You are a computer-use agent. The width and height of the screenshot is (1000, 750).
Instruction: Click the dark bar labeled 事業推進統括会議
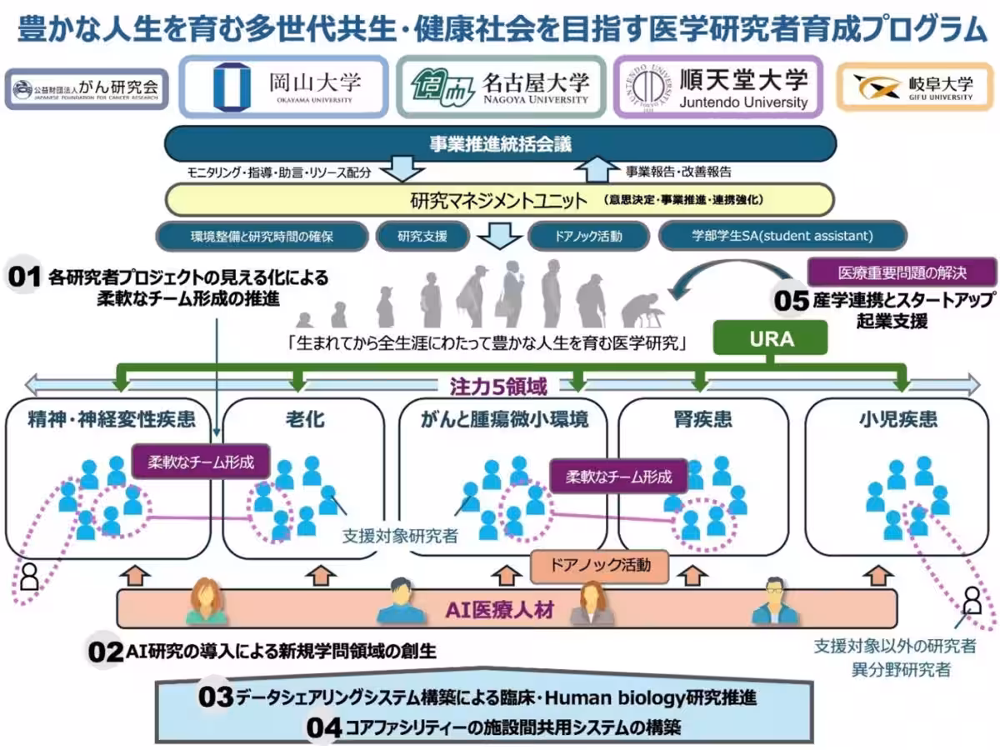[501, 143]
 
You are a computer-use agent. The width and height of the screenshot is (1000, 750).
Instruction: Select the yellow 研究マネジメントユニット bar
[501, 201]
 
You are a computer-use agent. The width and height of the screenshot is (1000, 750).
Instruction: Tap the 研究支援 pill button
[422, 236]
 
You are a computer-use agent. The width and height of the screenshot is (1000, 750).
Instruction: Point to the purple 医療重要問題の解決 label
[902, 272]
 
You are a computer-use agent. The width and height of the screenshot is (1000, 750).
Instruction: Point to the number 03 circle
[217, 697]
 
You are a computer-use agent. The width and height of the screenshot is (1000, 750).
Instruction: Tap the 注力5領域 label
[498, 386]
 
